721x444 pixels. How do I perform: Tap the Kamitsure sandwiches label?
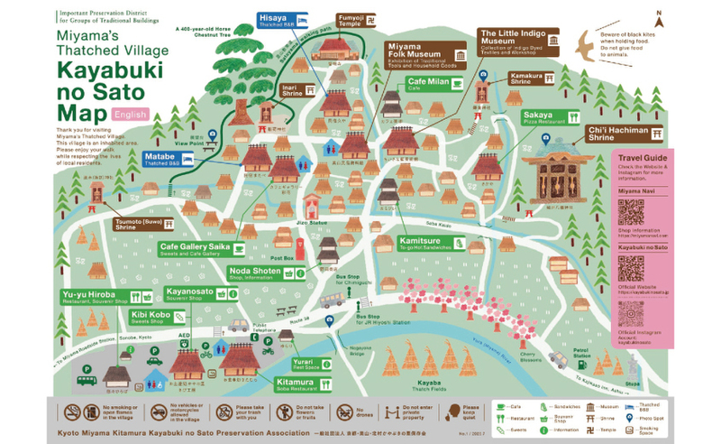pos(432,243)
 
